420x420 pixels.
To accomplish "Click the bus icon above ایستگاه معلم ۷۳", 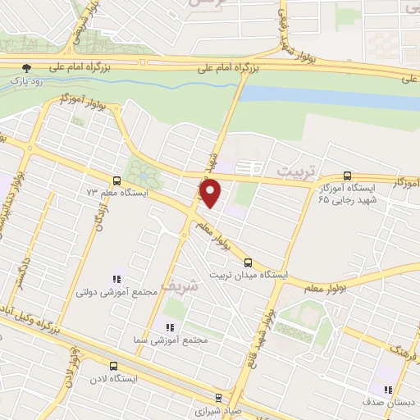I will [x=116, y=180].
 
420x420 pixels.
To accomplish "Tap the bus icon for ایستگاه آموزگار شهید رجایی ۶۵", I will [x=348, y=176].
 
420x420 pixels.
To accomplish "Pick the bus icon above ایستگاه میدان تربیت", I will [x=249, y=264].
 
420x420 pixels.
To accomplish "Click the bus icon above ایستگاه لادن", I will [x=112, y=367].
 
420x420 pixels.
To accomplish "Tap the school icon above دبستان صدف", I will [x=386, y=389].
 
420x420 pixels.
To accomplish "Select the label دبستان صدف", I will [x=390, y=402].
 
